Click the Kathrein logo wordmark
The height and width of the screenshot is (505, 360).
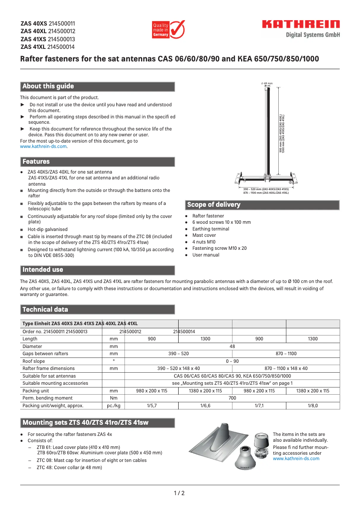pos(301,25)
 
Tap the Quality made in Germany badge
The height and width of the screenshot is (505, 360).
pos(168,30)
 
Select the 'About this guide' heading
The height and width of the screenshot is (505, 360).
pos(48,87)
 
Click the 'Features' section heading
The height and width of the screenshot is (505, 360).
pos(36,162)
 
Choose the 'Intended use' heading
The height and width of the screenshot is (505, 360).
pos(43,270)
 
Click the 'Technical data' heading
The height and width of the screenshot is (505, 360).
pos(45,309)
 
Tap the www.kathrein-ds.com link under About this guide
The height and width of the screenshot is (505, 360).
pos(43,147)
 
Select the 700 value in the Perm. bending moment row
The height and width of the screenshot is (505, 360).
pos(232,398)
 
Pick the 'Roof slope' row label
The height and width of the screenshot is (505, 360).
pos(34,361)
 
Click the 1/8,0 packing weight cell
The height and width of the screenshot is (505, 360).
pos(312,405)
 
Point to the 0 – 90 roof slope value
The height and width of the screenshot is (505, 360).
pos(232,361)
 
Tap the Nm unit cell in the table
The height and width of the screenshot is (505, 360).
pos(114,398)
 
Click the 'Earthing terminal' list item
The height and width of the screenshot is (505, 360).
pos(211,229)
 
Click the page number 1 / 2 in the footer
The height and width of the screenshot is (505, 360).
pos(180,493)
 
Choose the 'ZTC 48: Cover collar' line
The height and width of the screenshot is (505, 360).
pos(69,467)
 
